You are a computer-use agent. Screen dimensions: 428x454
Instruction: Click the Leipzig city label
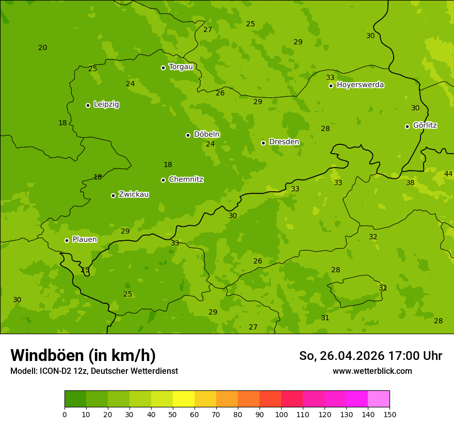coord(106,105)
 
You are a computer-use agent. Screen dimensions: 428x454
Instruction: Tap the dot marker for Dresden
coord(263,143)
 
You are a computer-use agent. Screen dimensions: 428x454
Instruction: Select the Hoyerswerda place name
coord(360,85)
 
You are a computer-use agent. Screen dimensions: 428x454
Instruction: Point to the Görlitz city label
coord(425,125)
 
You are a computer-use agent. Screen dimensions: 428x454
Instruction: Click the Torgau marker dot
coord(163,68)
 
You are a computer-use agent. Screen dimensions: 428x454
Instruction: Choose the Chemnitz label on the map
coord(186,179)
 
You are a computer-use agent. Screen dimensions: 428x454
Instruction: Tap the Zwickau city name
coord(134,194)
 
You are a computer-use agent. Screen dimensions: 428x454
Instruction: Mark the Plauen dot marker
coord(67,240)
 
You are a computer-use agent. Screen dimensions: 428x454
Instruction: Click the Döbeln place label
coord(206,135)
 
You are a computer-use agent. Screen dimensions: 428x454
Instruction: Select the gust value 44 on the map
coord(448,174)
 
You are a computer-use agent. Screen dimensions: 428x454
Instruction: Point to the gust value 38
coord(410,183)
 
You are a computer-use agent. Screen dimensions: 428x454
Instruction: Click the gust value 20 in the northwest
coord(43,47)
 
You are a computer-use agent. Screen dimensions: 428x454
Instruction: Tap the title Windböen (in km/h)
coord(83,355)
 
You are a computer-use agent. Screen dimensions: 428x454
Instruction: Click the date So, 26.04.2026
coord(341,356)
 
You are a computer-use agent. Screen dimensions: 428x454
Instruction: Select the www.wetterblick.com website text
coord(372,371)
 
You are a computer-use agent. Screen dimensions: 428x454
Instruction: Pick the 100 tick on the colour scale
coord(281,415)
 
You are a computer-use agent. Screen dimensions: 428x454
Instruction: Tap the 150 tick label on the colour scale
coord(389,415)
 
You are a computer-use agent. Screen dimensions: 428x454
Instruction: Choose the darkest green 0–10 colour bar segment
coord(75,399)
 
